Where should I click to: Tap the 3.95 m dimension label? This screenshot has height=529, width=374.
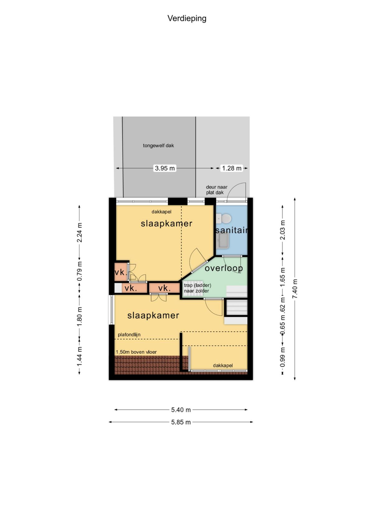[x=165, y=168]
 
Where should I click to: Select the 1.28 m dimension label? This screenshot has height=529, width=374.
[x=232, y=168]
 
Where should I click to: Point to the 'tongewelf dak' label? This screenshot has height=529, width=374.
[x=158, y=146]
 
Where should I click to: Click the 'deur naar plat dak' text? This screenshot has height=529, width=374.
[x=217, y=190]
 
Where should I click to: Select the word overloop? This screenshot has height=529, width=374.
[x=223, y=268]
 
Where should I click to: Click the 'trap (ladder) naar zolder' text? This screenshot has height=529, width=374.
[x=197, y=288]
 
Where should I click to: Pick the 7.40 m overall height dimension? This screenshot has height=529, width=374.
[x=295, y=289]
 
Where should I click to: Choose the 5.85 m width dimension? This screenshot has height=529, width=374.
[x=181, y=422]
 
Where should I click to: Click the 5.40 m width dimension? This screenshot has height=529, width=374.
[x=181, y=410]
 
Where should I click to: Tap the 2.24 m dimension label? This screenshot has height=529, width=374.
[x=79, y=232]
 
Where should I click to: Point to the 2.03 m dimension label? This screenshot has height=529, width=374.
[x=282, y=229]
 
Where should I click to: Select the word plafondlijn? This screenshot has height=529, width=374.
[x=129, y=335]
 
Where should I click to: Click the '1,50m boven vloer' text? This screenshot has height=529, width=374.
[x=136, y=352]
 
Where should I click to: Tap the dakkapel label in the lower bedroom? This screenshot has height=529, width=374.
[x=223, y=365]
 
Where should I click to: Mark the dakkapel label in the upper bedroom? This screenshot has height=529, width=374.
[x=161, y=212]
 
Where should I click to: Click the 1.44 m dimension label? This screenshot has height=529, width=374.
[x=79, y=356]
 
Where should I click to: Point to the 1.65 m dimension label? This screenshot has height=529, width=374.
[x=282, y=277]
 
